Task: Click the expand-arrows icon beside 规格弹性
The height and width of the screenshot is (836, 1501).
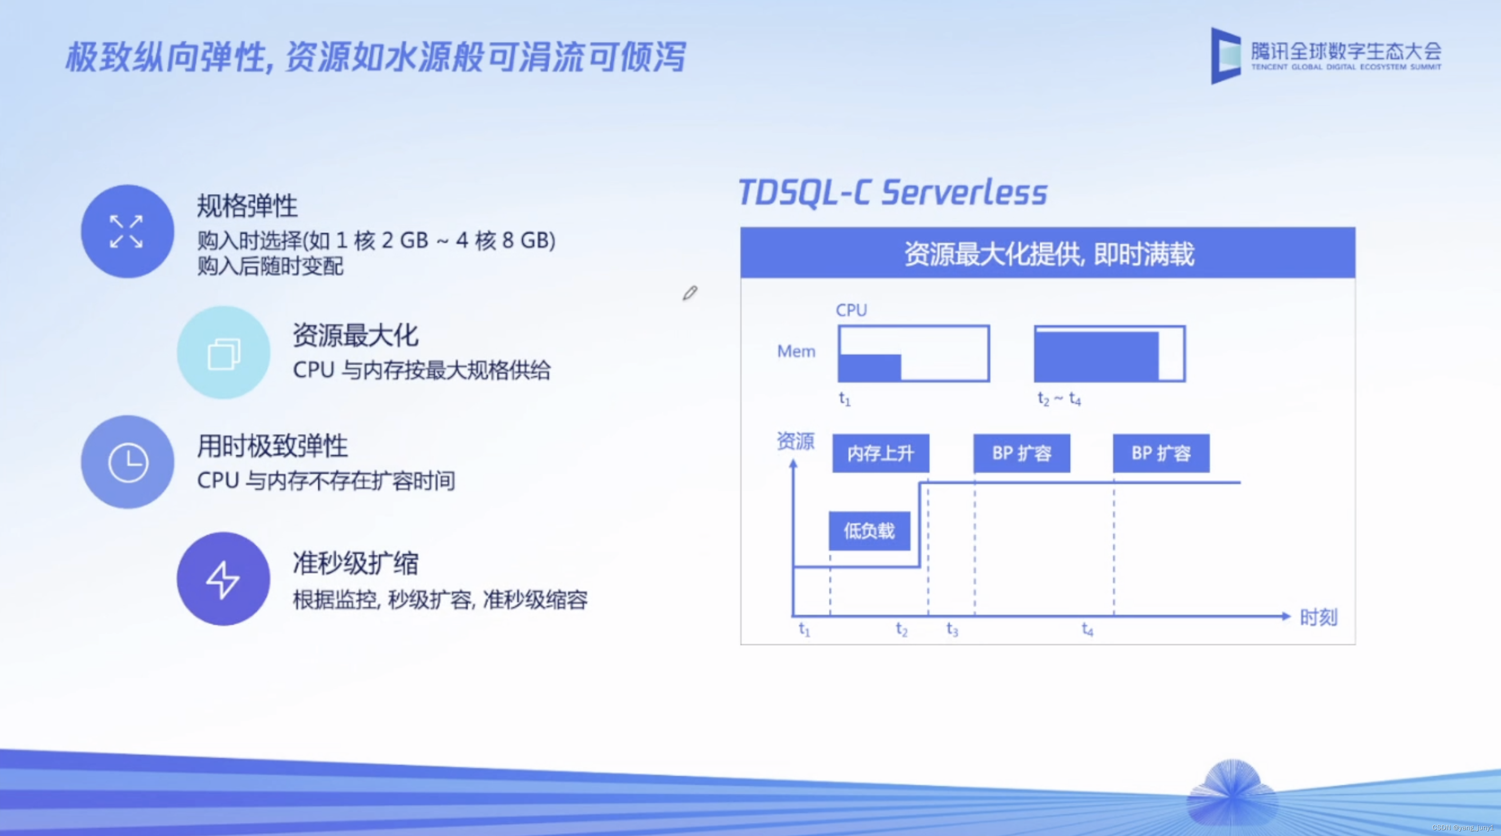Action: (x=127, y=231)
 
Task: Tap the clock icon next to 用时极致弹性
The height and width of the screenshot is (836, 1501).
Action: (x=127, y=462)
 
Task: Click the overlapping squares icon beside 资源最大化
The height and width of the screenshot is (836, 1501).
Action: (x=224, y=353)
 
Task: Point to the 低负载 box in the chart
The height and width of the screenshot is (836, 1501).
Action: (x=869, y=530)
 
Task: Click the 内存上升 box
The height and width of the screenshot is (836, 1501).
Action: (x=881, y=453)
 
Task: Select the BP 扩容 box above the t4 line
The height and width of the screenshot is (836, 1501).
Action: (x=1161, y=453)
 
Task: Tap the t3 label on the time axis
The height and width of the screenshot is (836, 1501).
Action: (x=952, y=629)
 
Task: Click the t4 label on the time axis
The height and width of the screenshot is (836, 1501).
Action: (x=1087, y=629)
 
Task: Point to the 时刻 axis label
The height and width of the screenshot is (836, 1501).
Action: (x=1318, y=617)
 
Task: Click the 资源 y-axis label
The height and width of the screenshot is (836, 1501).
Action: (x=795, y=441)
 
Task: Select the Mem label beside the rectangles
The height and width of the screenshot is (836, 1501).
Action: (x=796, y=351)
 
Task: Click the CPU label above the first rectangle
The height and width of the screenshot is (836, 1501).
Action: (x=851, y=310)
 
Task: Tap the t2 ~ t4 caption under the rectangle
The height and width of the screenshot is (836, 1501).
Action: (x=1059, y=399)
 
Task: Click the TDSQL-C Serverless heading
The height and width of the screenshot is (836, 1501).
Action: (x=892, y=192)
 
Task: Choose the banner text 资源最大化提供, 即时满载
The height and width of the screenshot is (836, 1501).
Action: (x=1049, y=254)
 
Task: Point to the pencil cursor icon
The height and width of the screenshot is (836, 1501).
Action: (x=690, y=293)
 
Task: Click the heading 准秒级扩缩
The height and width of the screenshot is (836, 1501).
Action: (x=355, y=563)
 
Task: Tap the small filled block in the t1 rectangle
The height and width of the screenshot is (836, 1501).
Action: (x=870, y=367)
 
